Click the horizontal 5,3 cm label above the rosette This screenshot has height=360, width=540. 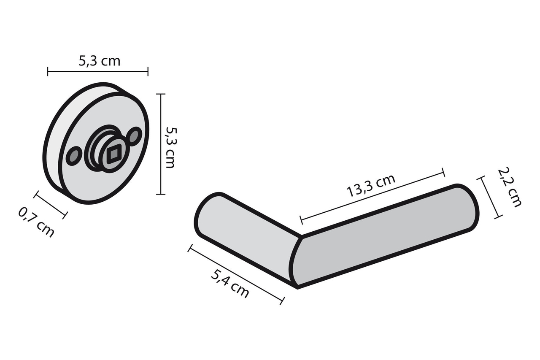point(100,61)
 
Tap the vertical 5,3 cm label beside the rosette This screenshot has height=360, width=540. point(170,147)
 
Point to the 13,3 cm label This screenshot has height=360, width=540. point(371,186)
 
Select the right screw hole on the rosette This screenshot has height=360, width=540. point(135,136)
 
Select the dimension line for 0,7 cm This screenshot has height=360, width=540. point(50,205)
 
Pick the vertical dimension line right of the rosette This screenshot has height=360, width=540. point(161,144)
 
